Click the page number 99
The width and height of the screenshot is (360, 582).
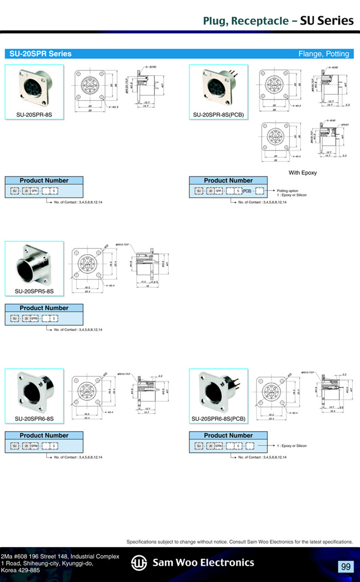[x=346, y=567]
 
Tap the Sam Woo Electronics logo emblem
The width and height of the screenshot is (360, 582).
[x=139, y=563]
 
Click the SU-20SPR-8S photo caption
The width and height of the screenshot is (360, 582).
[x=34, y=114]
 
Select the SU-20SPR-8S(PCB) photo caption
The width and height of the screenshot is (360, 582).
[x=218, y=114]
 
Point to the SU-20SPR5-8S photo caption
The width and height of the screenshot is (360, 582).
[x=34, y=291]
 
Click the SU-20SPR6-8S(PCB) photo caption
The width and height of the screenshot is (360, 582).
[x=218, y=419]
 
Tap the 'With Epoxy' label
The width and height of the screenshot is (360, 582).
[x=302, y=173]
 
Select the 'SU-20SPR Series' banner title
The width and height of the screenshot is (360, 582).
[x=40, y=53]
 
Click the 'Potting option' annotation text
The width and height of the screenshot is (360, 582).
[x=287, y=191]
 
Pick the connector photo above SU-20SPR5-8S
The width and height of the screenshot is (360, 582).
[x=34, y=264]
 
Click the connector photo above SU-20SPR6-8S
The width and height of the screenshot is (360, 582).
[x=34, y=391]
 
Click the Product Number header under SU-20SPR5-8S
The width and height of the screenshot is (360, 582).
[x=44, y=308]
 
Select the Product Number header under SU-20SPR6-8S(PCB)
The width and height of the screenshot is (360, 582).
[x=228, y=435]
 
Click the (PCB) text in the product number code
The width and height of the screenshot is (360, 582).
[x=247, y=191]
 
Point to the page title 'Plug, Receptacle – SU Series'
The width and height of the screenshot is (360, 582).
[x=278, y=21]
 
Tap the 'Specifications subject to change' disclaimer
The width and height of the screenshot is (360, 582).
[x=239, y=542]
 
